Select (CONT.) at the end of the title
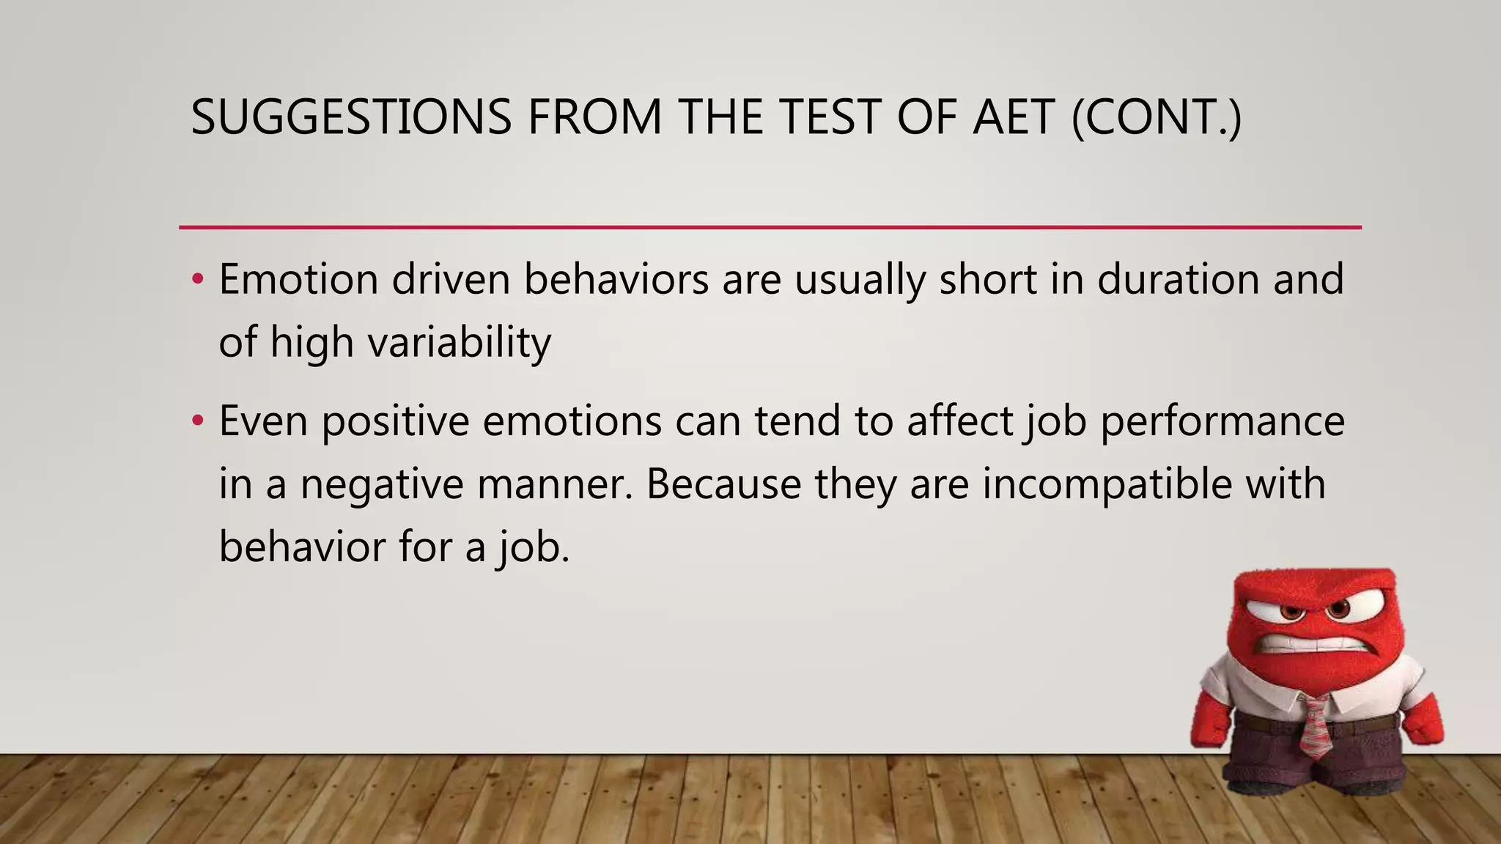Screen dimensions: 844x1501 [1157, 117]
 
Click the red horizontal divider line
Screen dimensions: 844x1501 [770, 228]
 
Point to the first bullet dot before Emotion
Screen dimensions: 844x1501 [196, 280]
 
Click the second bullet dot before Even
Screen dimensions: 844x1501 [196, 421]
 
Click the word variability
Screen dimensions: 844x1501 [459, 343]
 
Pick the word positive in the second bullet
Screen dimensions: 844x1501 [395, 421]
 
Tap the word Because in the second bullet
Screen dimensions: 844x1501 [723, 484]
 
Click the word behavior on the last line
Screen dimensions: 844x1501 [302, 547]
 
